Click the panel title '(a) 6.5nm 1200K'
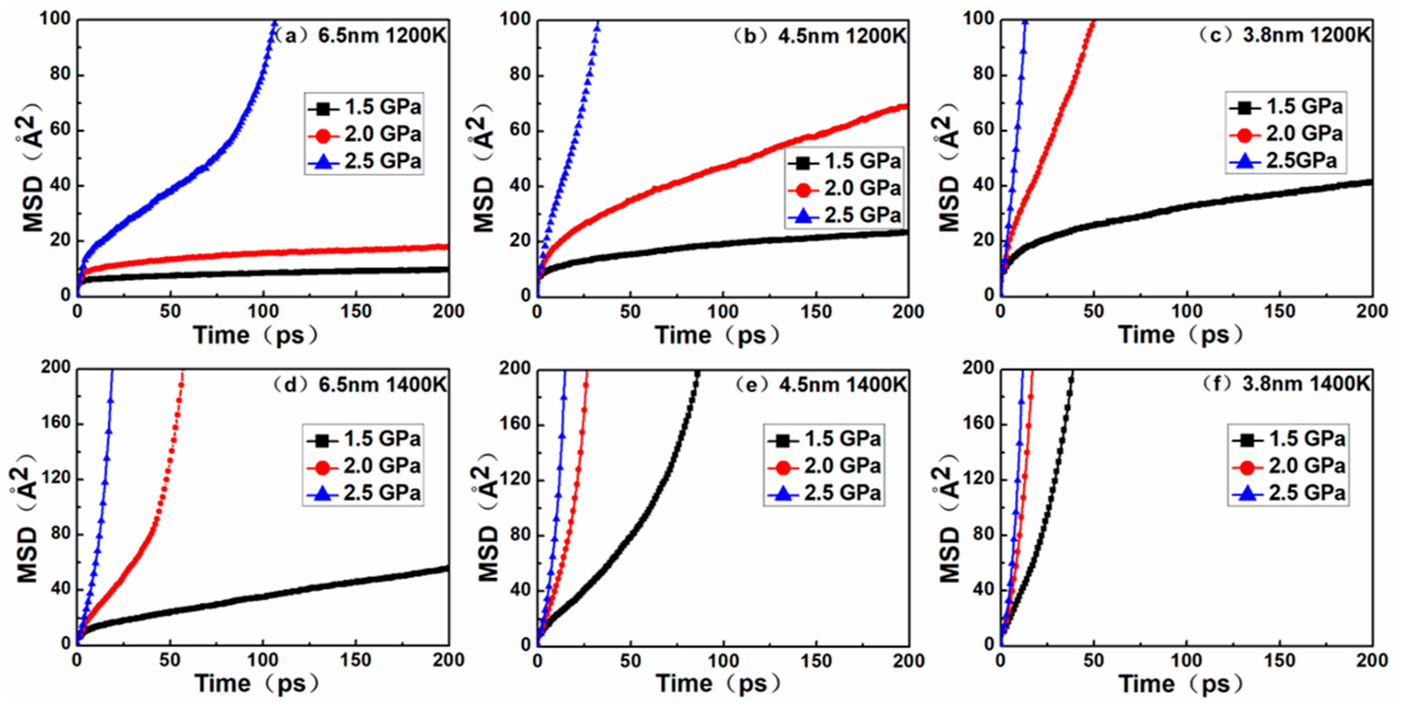click(359, 36)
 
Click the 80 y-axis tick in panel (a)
click(61, 74)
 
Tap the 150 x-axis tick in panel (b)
click(816, 311)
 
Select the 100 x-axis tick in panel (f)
click(1186, 661)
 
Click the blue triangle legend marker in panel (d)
click(323, 494)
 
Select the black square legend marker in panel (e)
click(783, 440)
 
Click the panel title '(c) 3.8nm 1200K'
click(1284, 35)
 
